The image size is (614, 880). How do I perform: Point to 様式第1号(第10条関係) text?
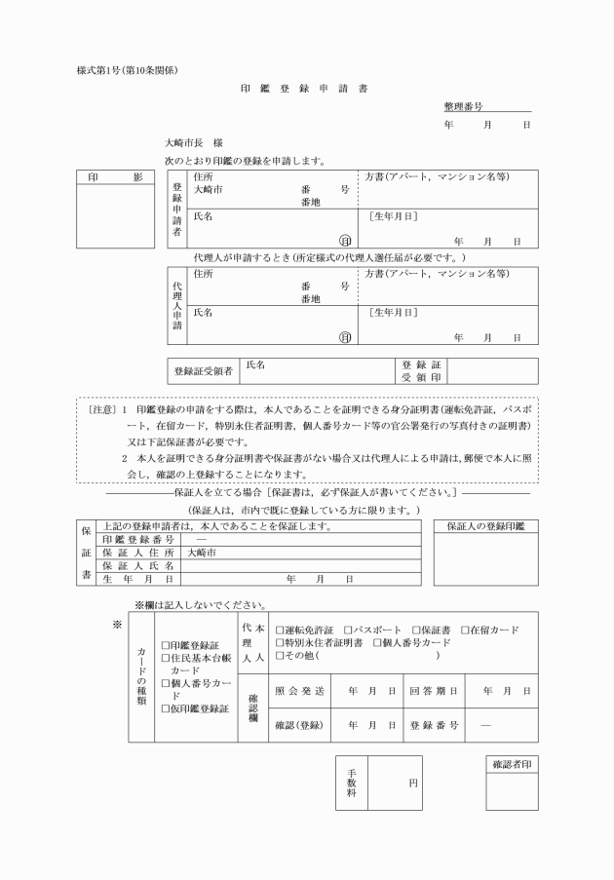click(128, 68)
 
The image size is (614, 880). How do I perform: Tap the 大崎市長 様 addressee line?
click(195, 143)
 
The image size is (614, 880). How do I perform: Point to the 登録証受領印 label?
click(421, 370)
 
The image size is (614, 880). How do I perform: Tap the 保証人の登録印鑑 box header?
click(484, 527)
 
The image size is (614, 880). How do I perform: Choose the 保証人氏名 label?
click(137, 565)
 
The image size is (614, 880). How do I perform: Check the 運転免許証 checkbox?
click(280, 631)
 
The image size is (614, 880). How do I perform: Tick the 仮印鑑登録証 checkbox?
click(165, 709)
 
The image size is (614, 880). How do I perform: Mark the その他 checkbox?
click(280, 656)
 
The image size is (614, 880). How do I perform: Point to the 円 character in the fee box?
click(413, 783)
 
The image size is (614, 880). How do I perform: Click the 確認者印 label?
click(512, 765)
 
